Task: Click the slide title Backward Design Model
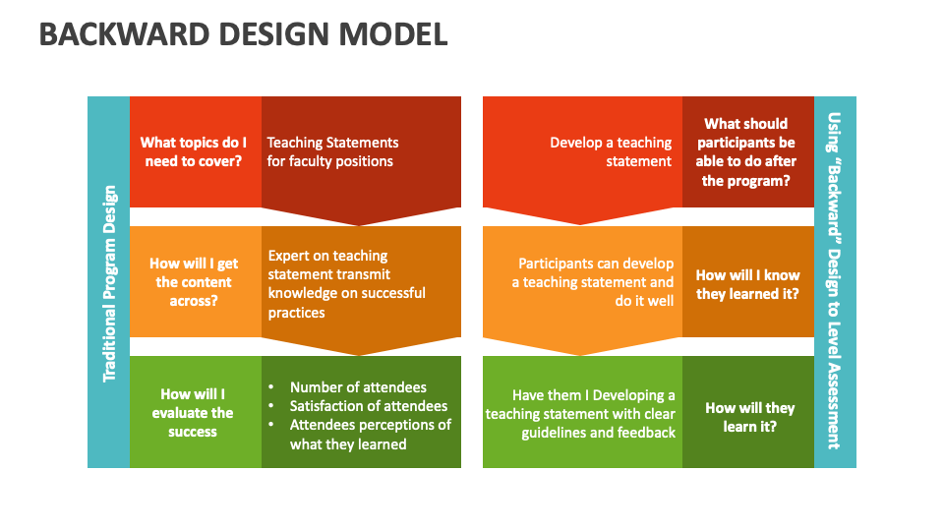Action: (243, 34)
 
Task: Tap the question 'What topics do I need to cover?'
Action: (194, 151)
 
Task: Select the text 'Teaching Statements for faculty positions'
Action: (332, 151)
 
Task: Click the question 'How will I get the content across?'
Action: (194, 282)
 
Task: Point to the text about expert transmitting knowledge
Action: (346, 283)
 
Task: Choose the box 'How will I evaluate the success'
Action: (193, 412)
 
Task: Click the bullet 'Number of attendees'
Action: (358, 387)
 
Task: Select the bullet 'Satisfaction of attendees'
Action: (368, 406)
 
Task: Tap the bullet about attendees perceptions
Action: (370, 434)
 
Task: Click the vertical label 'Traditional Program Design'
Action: (109, 283)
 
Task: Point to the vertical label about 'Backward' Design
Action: (834, 280)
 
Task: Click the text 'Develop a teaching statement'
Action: (611, 151)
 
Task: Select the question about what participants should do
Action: (747, 151)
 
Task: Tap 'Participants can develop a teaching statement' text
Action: (596, 282)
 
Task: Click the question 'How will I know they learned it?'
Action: (747, 284)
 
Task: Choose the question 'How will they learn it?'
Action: (749, 417)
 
